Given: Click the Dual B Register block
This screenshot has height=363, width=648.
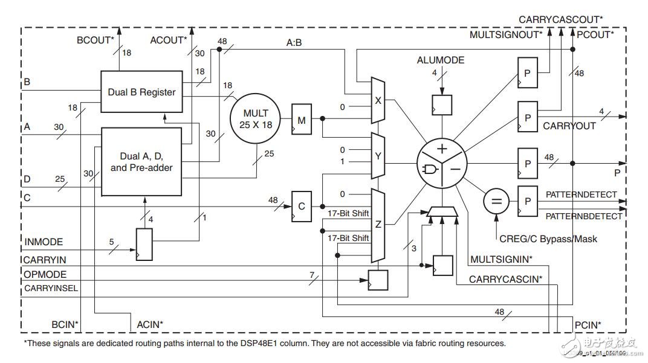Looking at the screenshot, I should tap(141, 92).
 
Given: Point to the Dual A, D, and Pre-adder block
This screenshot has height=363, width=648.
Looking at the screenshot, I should tap(141, 161).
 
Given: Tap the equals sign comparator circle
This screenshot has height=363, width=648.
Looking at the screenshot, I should tap(496, 201).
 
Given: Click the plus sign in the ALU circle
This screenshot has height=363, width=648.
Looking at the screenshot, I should tap(442, 149).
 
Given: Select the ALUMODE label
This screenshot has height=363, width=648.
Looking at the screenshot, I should tap(441, 60).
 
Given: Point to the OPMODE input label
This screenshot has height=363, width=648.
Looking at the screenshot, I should tap(43, 274).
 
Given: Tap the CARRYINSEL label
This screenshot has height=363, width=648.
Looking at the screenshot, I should tap(51, 288).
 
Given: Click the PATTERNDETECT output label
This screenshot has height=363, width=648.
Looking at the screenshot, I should tap(581, 194).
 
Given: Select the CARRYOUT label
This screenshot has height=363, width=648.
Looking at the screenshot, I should tap(569, 126).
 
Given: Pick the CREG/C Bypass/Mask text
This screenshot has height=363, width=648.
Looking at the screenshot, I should tap(547, 239).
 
